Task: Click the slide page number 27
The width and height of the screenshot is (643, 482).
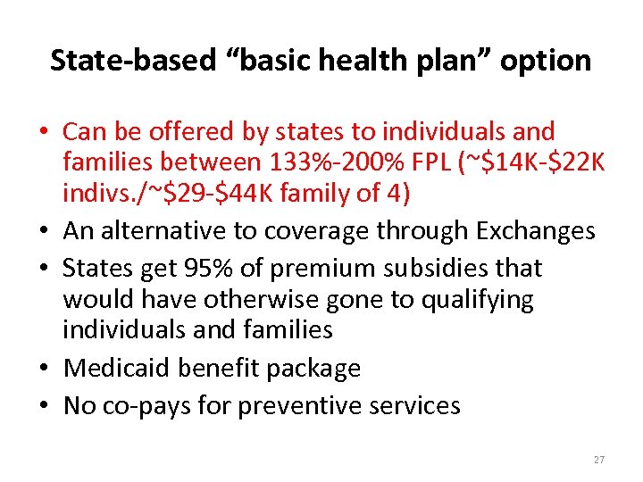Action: (x=598, y=460)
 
